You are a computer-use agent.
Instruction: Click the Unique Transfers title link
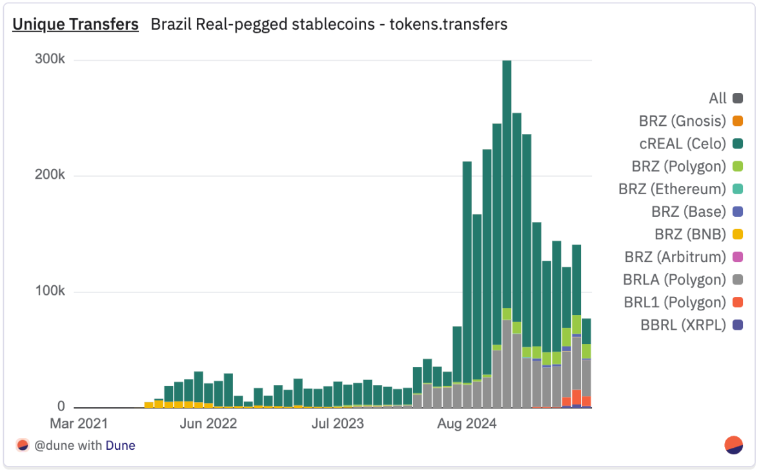point(76,25)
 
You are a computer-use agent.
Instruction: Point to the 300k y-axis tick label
point(50,59)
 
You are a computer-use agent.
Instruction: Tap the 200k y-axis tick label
point(50,176)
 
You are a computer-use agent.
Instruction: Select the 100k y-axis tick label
point(50,292)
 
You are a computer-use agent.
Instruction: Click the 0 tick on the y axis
point(61,407)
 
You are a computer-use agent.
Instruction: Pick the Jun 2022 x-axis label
point(208,424)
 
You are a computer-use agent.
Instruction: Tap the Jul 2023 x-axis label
point(337,424)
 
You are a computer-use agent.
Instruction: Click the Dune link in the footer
point(121,445)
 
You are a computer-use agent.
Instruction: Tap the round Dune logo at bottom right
point(734,445)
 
